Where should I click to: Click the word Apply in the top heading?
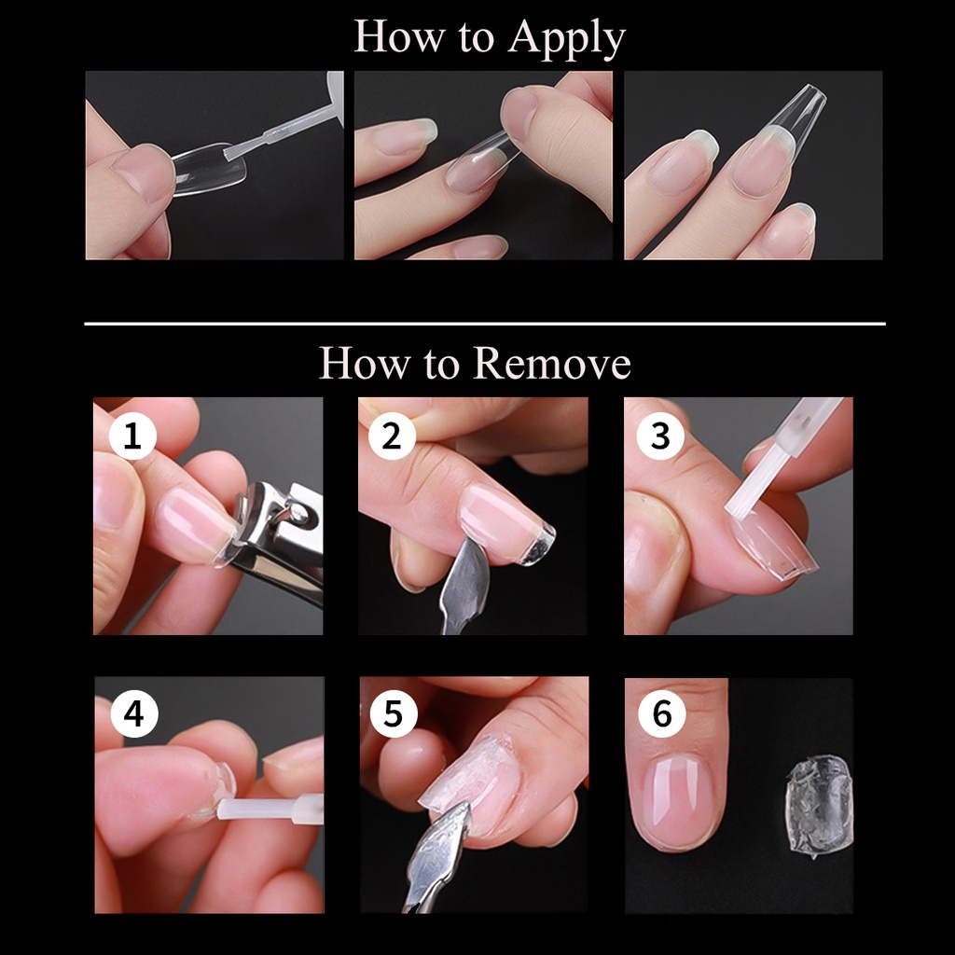click(567, 38)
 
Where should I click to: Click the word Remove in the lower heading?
click(552, 364)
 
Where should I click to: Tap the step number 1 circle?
click(132, 436)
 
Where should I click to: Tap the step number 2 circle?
click(393, 436)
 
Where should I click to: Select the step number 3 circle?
click(660, 436)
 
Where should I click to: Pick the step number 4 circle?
click(134, 713)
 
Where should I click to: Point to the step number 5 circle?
click(394, 713)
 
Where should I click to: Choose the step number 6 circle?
click(662, 713)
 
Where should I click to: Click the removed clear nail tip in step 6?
click(818, 806)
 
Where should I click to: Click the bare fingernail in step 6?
click(677, 799)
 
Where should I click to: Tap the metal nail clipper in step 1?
click(279, 536)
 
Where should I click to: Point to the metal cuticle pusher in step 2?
click(464, 585)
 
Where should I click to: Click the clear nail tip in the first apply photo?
click(208, 170)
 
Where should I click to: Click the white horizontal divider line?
click(485, 324)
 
